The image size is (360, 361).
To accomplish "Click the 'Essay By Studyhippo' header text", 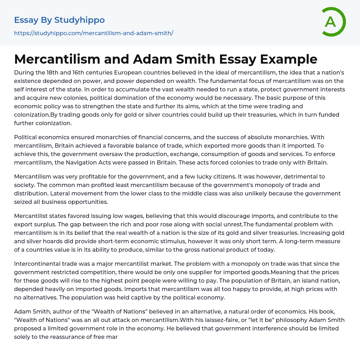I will click(x=59, y=20).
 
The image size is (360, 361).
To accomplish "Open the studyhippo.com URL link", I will click(x=94, y=33).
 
